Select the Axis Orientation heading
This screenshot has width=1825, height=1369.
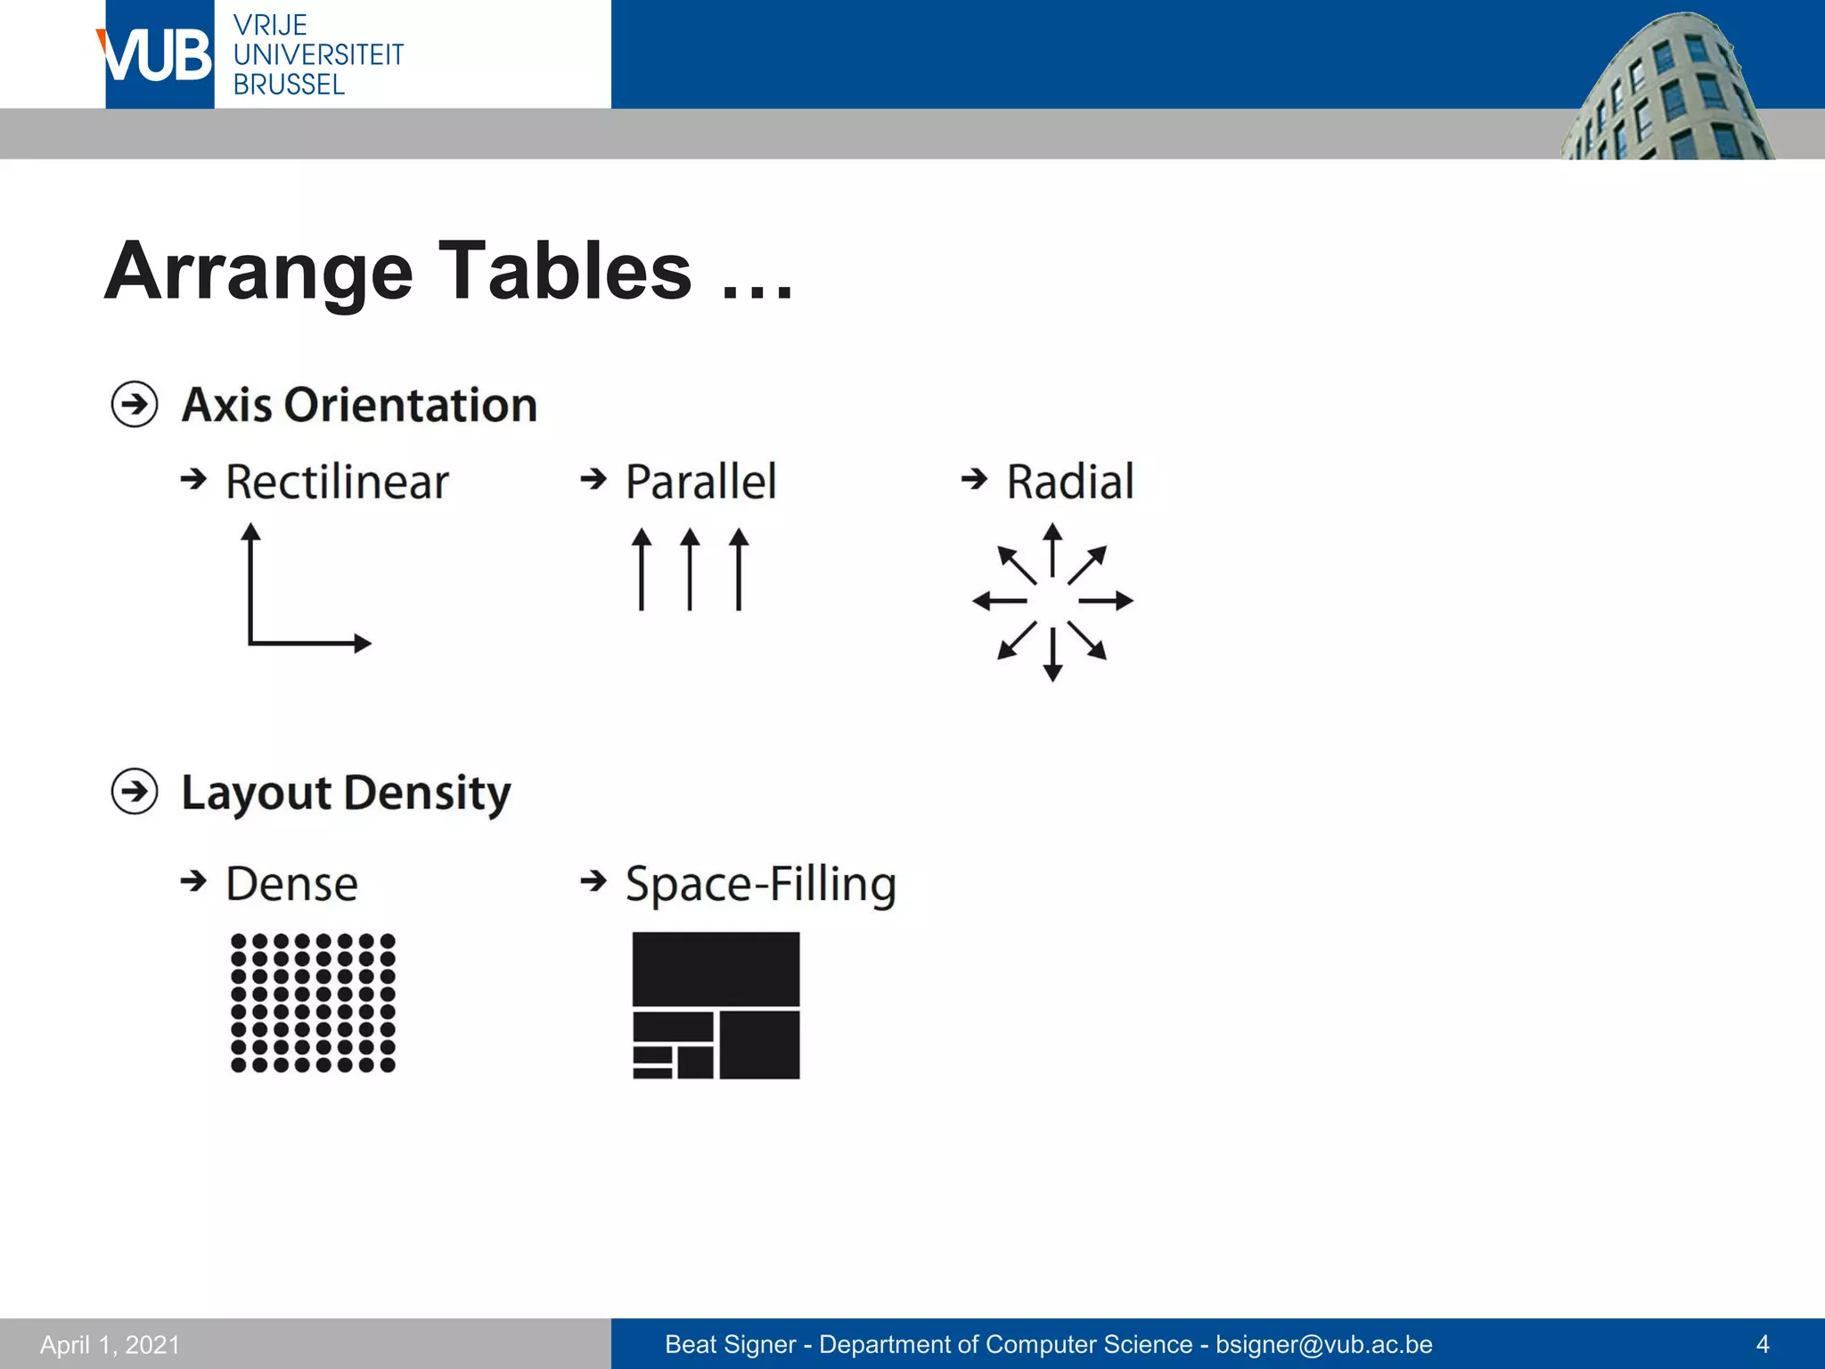point(359,405)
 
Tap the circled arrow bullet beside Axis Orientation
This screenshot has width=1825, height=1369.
point(135,405)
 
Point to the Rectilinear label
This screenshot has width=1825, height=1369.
point(337,482)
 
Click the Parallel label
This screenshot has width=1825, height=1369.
point(700,482)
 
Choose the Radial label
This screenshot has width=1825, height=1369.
point(1069,482)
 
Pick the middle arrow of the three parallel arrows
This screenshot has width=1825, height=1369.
point(690,570)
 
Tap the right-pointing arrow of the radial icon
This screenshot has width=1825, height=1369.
point(1107,601)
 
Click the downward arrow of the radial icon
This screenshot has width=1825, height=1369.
point(1052,655)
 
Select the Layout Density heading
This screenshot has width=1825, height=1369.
point(346,792)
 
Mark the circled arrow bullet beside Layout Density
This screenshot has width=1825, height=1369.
point(135,791)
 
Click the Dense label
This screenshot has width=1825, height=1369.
point(291,884)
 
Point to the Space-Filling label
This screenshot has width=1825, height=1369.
point(760,884)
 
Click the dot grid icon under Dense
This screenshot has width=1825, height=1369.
point(313,1003)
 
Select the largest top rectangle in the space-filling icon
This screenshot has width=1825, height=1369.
point(716,969)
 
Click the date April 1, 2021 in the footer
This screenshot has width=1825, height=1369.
point(110,1344)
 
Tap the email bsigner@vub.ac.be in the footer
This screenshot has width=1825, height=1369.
point(1324,1344)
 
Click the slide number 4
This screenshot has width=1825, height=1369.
point(1762,1344)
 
